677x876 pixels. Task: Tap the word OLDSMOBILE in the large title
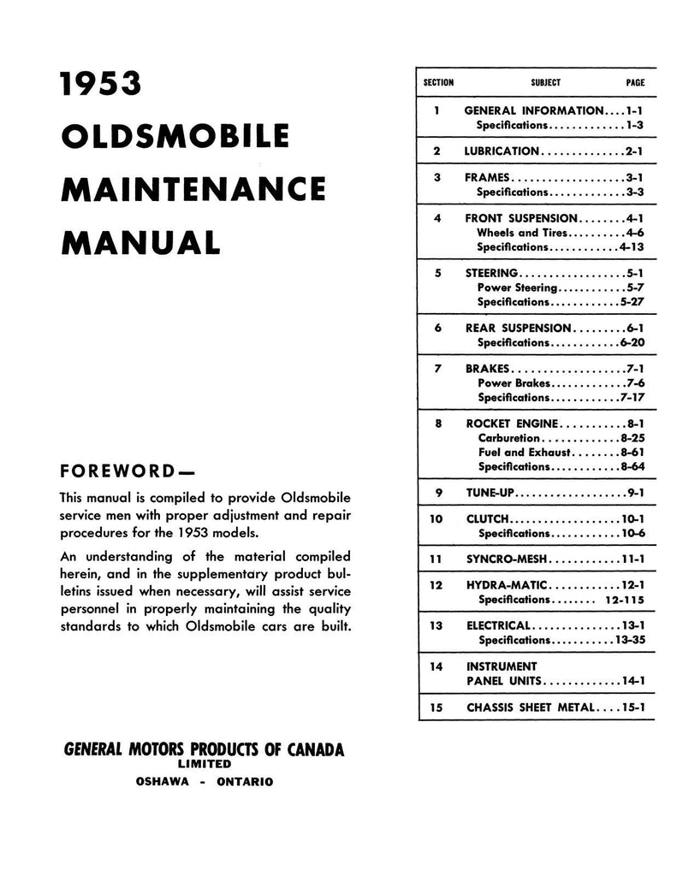click(175, 136)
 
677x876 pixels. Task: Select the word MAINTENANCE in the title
click(193, 187)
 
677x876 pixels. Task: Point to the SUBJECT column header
click(545, 83)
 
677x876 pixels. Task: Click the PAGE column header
click(635, 83)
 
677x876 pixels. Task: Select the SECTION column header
click(438, 83)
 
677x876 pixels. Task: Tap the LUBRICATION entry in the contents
click(502, 151)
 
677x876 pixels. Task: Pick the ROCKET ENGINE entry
click(513, 423)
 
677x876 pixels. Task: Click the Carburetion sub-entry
click(509, 438)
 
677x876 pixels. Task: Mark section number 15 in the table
click(436, 707)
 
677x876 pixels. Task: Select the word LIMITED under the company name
click(204, 763)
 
